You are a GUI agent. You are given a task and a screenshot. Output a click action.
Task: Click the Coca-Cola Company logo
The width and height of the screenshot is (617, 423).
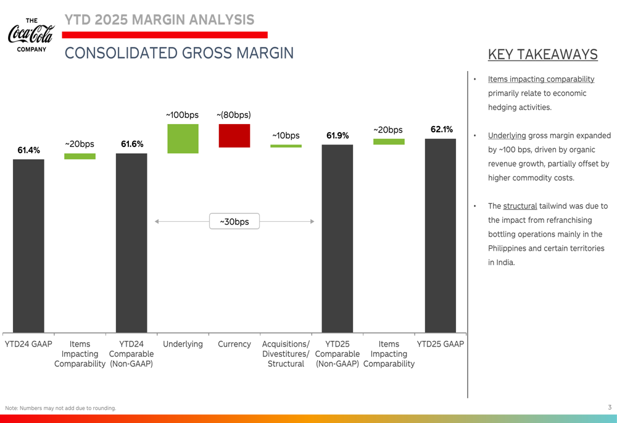[x=31, y=35]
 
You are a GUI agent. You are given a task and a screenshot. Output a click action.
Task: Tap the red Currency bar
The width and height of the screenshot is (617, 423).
[x=234, y=136]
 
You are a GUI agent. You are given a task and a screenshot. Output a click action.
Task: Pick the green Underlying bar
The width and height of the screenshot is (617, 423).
[x=183, y=139]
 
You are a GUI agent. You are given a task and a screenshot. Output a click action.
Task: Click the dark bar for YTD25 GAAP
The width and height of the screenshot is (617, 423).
[x=441, y=235]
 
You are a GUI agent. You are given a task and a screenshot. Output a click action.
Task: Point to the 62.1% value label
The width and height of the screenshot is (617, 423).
[x=442, y=130]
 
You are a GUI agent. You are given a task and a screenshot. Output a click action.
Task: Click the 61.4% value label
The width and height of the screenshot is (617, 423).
[x=28, y=150]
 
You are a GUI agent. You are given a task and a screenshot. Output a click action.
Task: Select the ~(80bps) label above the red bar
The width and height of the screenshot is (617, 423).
[x=234, y=115]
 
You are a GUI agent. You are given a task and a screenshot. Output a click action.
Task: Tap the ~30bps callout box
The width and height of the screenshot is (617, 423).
[x=234, y=222]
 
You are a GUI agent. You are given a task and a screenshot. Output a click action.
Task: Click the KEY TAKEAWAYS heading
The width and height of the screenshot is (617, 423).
[x=542, y=54]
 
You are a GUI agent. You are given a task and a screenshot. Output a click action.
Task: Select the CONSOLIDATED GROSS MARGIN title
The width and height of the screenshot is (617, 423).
[x=179, y=53]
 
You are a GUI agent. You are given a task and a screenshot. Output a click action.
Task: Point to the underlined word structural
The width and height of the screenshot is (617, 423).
[x=520, y=206]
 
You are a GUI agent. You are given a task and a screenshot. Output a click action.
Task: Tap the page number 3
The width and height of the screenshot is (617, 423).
[x=610, y=408]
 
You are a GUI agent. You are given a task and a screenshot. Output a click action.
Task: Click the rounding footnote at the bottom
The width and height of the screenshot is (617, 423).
[x=60, y=408]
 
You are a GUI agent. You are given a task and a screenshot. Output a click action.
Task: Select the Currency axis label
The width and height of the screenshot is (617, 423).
[x=234, y=344]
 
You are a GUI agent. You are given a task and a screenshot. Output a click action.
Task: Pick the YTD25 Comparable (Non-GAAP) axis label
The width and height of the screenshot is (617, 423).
[x=337, y=354]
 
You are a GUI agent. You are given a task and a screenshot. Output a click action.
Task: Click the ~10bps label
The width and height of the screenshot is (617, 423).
[x=286, y=136]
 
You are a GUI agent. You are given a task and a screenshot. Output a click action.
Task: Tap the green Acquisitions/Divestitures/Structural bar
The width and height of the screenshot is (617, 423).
[x=286, y=146]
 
